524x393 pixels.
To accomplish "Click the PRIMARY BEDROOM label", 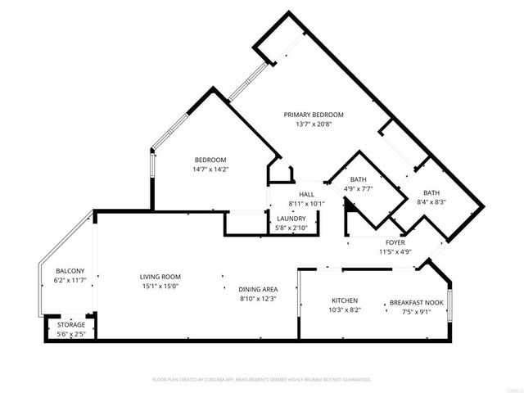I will coord(314,115).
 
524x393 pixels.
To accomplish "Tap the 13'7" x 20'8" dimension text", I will coord(314,124).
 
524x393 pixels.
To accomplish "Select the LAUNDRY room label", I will coord(291,219).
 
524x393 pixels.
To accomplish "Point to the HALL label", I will coord(307,194).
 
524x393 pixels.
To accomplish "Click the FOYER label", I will coord(395,243).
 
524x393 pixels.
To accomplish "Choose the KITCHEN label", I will coord(345,301).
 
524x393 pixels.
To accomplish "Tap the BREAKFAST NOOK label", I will coord(416,303).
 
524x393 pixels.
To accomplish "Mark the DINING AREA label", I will coord(258,289).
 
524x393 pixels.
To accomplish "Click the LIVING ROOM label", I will coord(160,277).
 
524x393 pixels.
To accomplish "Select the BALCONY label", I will coord(70,271).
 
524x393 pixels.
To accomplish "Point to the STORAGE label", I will coord(70,325).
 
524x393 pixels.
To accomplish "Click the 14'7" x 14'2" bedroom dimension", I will coord(210,169).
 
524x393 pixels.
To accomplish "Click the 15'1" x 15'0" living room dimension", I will coord(160,287).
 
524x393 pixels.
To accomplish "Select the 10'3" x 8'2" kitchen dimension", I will coord(345,311).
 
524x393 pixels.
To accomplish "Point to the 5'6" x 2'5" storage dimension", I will coord(70,335).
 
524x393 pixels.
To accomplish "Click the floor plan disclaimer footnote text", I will coord(262,380).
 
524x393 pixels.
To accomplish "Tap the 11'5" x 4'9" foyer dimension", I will coord(395,252).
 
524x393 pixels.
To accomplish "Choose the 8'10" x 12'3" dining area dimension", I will coord(258,299).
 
